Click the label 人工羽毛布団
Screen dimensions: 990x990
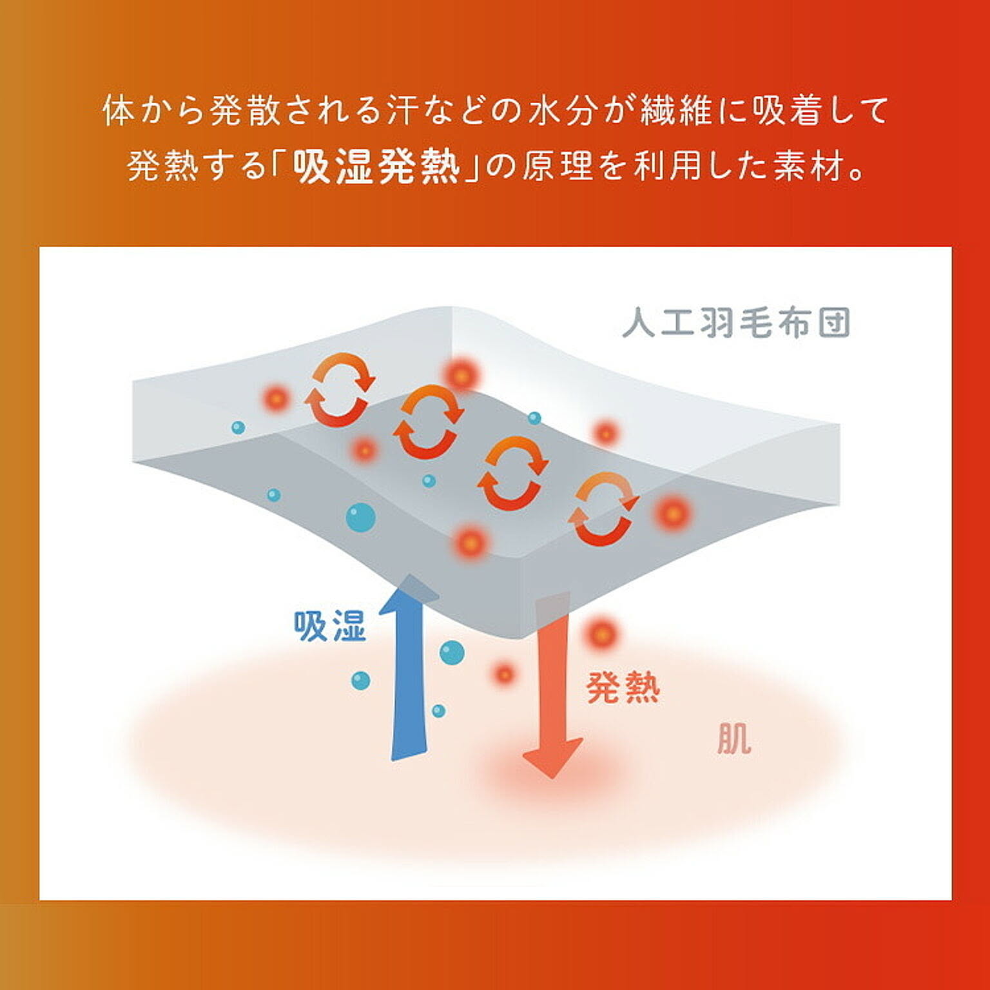pyautogui.click(x=737, y=323)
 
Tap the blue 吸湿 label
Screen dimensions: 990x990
pyautogui.click(x=329, y=625)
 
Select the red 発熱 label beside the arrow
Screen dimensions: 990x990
pyautogui.click(x=623, y=688)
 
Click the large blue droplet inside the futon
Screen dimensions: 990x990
pyautogui.click(x=360, y=517)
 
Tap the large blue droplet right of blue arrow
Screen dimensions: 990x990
pyautogui.click(x=452, y=652)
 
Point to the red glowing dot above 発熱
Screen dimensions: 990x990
pyautogui.click(x=601, y=634)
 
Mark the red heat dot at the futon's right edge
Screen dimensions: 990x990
pyautogui.click(x=672, y=514)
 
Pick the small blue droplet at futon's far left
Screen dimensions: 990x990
pyautogui.click(x=238, y=427)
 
